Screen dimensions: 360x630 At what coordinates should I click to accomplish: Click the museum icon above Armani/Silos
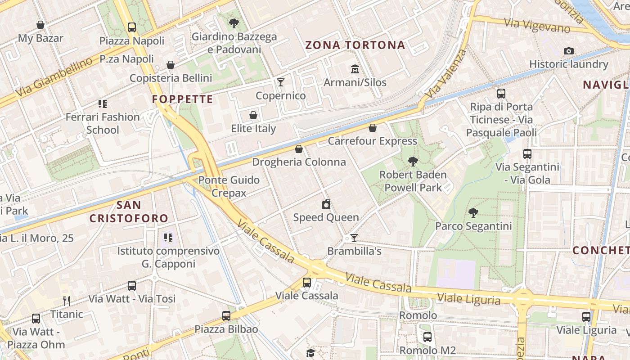pos(355,69)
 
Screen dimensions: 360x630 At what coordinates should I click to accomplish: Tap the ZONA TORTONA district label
pos(355,45)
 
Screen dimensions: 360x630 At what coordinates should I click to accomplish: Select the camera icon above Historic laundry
pos(569,51)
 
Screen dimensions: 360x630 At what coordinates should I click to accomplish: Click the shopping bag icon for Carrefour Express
pos(372,128)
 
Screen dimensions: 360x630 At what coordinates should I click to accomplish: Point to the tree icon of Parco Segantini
pos(473,212)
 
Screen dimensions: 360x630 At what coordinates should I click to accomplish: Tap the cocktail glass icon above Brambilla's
pos(354,238)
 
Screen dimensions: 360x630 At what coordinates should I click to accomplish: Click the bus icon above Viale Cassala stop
pos(307,282)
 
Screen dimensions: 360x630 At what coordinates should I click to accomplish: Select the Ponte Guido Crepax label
pos(229,186)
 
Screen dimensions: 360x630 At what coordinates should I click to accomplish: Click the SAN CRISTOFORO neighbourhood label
pos(129,211)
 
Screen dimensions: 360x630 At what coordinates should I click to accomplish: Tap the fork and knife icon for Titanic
pos(67,301)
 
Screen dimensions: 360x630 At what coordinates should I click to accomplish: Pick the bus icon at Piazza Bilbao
pos(226,315)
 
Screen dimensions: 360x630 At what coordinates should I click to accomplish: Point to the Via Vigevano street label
pos(537,26)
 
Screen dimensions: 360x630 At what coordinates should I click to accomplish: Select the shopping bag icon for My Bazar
pos(40,25)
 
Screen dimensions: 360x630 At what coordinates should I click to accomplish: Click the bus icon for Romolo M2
pos(427,337)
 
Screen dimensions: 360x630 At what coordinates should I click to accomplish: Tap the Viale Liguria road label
pos(468,299)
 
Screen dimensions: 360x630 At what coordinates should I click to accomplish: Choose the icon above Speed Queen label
pos(326,204)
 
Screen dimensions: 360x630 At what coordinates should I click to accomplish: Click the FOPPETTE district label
pos(182,99)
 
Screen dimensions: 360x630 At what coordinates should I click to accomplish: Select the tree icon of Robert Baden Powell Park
pos(413,161)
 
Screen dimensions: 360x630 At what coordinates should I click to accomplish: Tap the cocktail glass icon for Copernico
pos(281,82)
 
